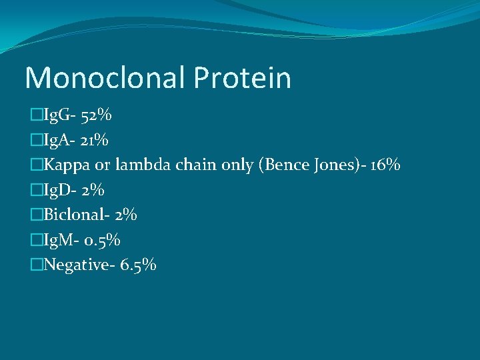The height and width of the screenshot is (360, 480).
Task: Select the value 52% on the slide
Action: point(96,116)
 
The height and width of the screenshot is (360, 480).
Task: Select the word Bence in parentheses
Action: point(285,165)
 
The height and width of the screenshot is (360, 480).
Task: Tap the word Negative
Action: point(73,265)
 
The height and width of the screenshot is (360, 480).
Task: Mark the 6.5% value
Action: point(139,265)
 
